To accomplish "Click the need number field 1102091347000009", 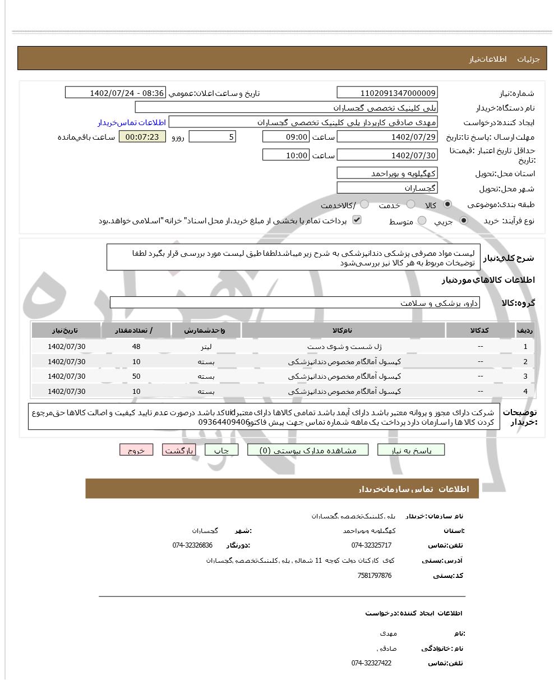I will [387, 93].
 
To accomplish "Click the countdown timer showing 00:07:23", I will [142, 137].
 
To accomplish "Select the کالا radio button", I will [447, 205].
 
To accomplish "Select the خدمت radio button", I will [410, 205].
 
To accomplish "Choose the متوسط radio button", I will [422, 221].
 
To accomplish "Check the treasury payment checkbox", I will [356, 220].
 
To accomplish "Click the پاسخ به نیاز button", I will [411, 450].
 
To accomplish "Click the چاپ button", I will [221, 450].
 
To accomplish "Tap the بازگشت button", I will [179, 450].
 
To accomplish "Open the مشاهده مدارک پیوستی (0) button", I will [308, 450].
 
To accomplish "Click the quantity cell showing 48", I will [136, 347].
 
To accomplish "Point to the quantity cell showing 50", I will [136, 376].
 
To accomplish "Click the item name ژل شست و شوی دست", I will [344, 347].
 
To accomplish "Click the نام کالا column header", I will [343, 330].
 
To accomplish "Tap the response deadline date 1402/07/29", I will [387, 137].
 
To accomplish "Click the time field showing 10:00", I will [285, 155].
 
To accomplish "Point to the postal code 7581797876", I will [374, 576].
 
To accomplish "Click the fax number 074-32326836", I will [192, 545].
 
